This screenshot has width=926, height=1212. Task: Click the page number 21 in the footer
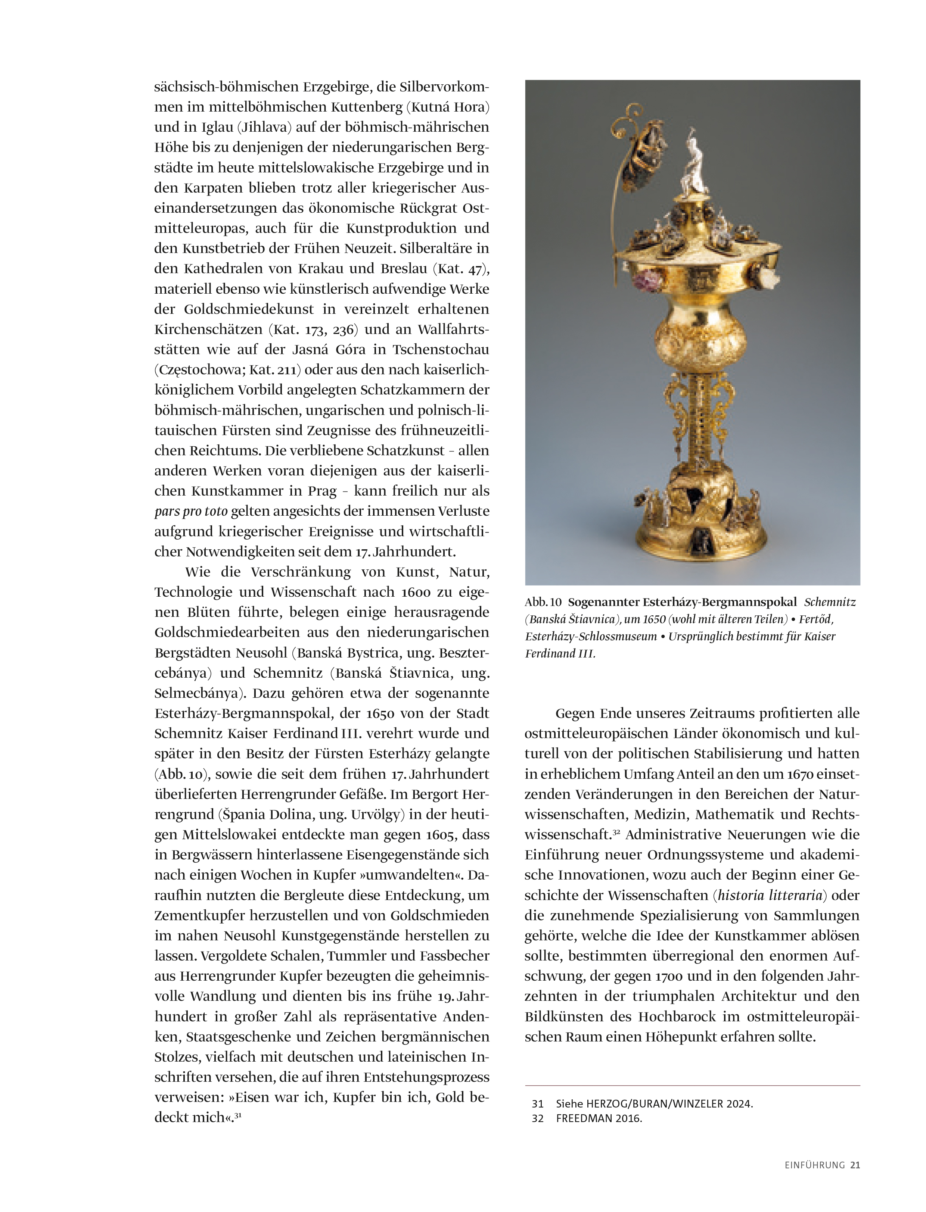(855, 1165)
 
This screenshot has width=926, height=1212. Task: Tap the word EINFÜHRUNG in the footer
(815, 1165)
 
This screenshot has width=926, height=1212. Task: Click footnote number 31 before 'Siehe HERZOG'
(537, 1103)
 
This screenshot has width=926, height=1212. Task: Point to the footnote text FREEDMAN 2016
(599, 1118)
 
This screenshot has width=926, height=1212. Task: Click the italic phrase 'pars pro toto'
(191, 511)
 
